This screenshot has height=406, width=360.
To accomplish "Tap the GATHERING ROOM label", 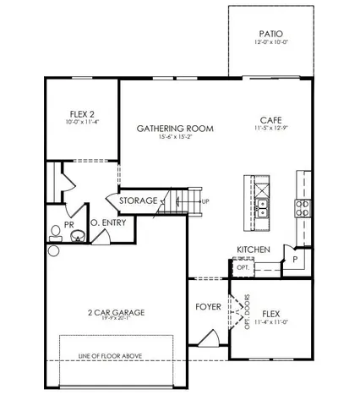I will (x=175, y=129).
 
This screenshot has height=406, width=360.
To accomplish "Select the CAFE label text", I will (x=271, y=119).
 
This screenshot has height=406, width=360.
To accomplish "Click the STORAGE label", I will (x=137, y=201).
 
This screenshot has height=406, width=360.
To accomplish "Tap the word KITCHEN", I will (x=253, y=250).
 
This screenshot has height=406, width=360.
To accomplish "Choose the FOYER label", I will (x=208, y=306).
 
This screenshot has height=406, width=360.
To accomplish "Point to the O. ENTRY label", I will (x=107, y=223).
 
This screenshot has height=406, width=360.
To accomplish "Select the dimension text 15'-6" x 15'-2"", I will (x=175, y=139).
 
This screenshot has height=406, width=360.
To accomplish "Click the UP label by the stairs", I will (x=205, y=201).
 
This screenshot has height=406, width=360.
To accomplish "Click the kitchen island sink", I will (x=262, y=204).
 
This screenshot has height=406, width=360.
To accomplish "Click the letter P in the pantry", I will (x=295, y=260).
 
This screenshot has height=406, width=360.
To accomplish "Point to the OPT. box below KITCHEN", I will (x=243, y=266).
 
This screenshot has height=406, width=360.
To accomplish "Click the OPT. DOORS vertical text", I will (x=248, y=309).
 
